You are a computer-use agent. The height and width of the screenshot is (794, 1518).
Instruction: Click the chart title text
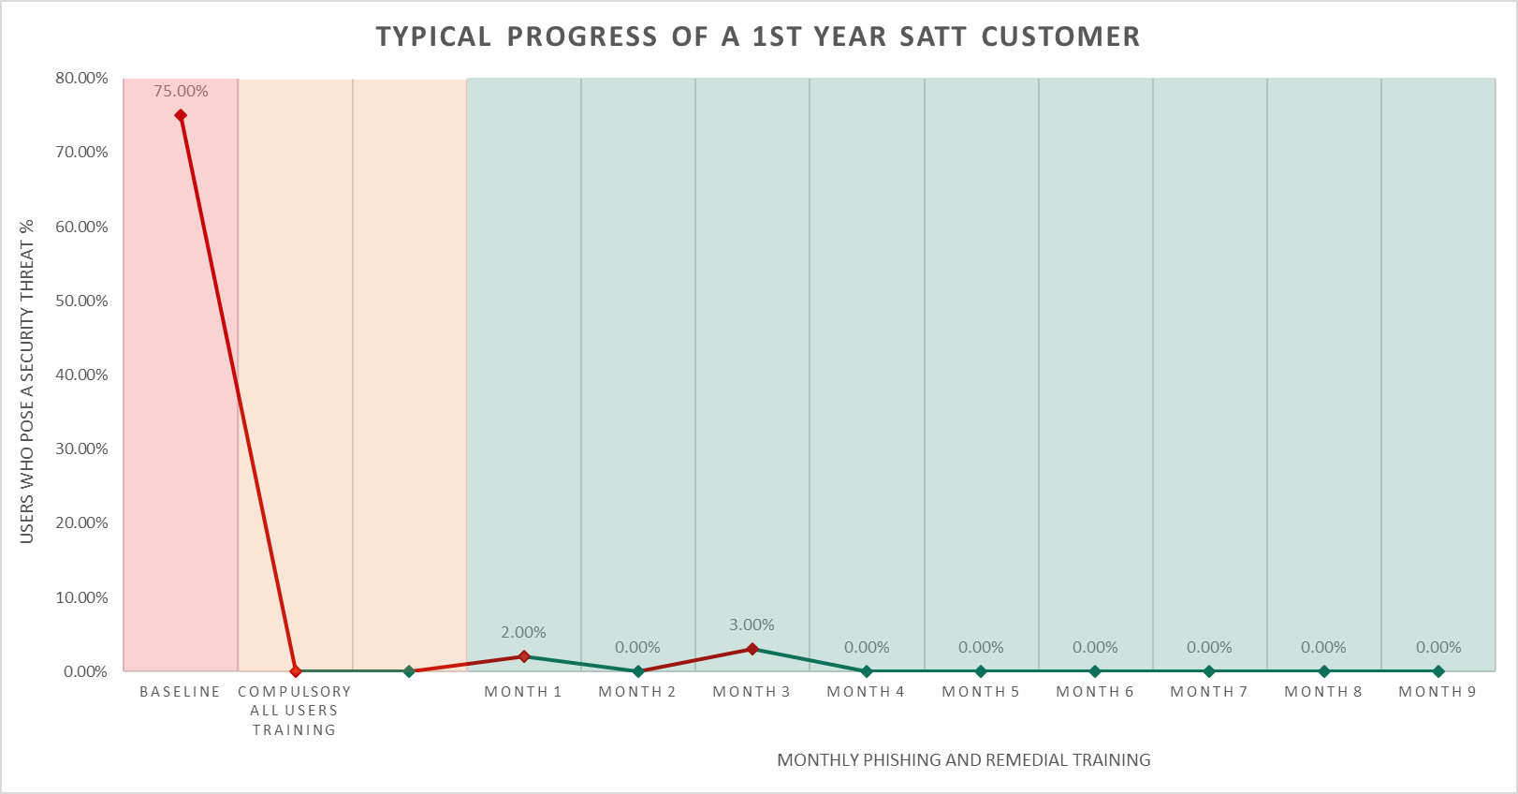pyautogui.click(x=758, y=37)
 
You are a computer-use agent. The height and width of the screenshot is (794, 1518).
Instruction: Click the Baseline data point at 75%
pyautogui.click(x=181, y=116)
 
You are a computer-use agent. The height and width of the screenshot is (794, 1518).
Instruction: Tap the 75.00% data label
pyautogui.click(x=181, y=92)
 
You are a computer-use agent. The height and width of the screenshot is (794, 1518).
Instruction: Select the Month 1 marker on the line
pyautogui.click(x=524, y=656)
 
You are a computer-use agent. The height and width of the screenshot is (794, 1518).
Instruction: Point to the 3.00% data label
pyautogui.click(x=752, y=625)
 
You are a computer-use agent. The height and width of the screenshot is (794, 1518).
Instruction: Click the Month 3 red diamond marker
pyautogui.click(x=752, y=649)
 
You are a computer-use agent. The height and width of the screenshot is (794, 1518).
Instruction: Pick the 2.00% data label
pyautogui.click(x=523, y=632)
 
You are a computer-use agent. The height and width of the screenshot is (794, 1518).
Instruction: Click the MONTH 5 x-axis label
pyautogui.click(x=980, y=692)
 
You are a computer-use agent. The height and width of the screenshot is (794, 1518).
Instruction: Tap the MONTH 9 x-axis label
pyautogui.click(x=1437, y=692)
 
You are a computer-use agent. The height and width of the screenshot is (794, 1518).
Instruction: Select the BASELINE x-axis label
pyautogui.click(x=180, y=692)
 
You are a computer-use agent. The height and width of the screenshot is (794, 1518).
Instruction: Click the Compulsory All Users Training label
pyautogui.click(x=294, y=711)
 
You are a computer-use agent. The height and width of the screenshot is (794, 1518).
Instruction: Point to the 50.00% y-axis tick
pyautogui.click(x=81, y=301)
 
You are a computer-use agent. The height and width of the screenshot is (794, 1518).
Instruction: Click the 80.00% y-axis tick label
pyautogui.click(x=81, y=78)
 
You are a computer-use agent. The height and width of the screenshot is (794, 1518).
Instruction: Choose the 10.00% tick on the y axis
pyautogui.click(x=81, y=597)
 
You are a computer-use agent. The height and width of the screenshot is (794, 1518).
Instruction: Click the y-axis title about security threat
pyautogui.click(x=27, y=381)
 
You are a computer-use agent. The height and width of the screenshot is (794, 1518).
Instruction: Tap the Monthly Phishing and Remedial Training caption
pyautogui.click(x=963, y=760)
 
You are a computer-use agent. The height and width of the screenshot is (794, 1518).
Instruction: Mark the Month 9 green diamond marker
pyautogui.click(x=1438, y=671)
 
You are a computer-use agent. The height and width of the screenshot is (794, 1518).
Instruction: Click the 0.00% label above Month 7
pyautogui.click(x=1209, y=647)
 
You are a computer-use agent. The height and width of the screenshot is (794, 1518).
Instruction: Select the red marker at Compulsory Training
pyautogui.click(x=296, y=671)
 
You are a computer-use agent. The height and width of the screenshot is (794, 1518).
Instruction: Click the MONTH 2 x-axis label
pyautogui.click(x=636, y=692)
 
